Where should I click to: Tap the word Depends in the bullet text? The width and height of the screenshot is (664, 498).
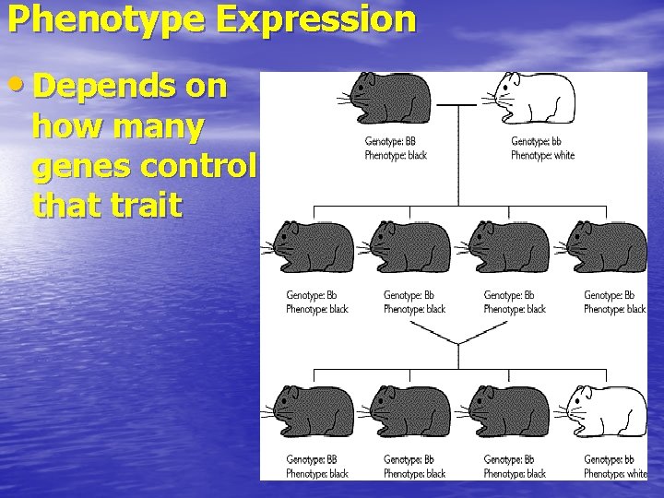pyautogui.click(x=100, y=87)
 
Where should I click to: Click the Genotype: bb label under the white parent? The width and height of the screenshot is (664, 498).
pyautogui.click(x=536, y=141)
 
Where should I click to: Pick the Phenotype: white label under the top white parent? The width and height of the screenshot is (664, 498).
pyautogui.click(x=542, y=155)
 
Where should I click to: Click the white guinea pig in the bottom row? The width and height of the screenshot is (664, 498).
pyautogui.click(x=606, y=411)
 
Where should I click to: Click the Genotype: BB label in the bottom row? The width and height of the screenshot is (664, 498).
pyautogui.click(x=312, y=459)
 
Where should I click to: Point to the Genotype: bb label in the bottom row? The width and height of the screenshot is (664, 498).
pyautogui.click(x=609, y=459)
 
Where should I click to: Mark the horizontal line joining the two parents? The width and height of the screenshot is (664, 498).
pyautogui.click(x=455, y=105)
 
